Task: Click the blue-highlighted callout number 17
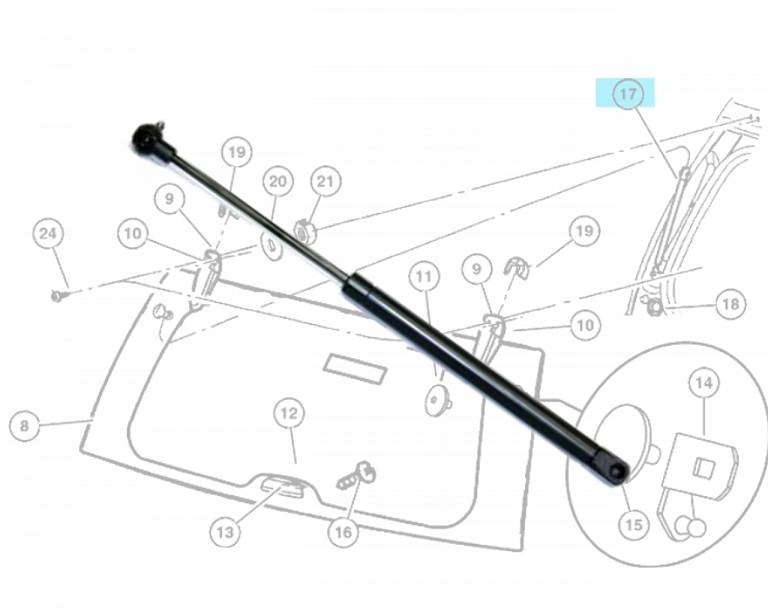tap(626, 94)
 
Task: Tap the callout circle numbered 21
tap(325, 181)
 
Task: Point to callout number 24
tap(47, 234)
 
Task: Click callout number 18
tap(731, 303)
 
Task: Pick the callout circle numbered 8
tap(24, 426)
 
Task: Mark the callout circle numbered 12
tap(288, 412)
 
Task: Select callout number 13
tap(225, 532)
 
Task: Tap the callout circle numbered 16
tap(343, 532)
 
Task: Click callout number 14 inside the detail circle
tap(704, 382)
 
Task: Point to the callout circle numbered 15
tap(631, 521)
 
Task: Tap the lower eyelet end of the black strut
tap(612, 466)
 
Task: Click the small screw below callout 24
tap(59, 296)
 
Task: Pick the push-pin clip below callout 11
tap(437, 401)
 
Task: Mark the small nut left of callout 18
tap(654, 306)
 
